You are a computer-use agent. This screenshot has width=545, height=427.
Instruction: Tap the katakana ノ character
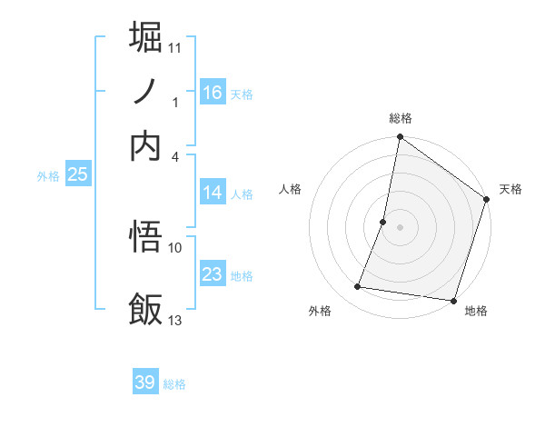(x=146, y=92)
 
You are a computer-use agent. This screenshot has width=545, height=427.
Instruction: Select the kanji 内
(x=146, y=145)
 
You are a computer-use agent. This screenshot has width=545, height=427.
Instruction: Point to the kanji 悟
(x=146, y=238)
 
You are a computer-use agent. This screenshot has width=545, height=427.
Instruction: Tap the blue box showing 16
(x=213, y=92)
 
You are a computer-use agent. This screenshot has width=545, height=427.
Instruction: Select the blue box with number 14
(x=213, y=193)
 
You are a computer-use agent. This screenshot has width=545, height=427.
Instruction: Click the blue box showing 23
(x=213, y=274)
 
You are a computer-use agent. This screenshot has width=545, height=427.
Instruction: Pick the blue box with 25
(x=77, y=174)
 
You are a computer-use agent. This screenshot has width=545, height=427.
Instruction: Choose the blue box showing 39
(x=145, y=382)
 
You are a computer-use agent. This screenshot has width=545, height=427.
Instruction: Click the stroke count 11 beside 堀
(x=175, y=46)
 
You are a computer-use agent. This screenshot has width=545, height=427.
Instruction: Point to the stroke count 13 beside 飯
(x=175, y=320)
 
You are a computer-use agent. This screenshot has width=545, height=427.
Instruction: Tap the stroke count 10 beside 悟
(x=175, y=247)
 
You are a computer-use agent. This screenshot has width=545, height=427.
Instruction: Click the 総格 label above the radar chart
(x=401, y=118)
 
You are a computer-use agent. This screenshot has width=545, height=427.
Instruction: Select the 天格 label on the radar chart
(x=510, y=189)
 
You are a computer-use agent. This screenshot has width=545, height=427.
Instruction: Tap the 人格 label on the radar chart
(x=291, y=189)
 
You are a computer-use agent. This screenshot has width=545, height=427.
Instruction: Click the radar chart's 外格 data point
(x=358, y=287)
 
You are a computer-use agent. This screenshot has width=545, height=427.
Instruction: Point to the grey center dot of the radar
(x=400, y=227)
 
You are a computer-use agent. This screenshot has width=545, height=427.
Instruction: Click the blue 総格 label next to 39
(x=174, y=384)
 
